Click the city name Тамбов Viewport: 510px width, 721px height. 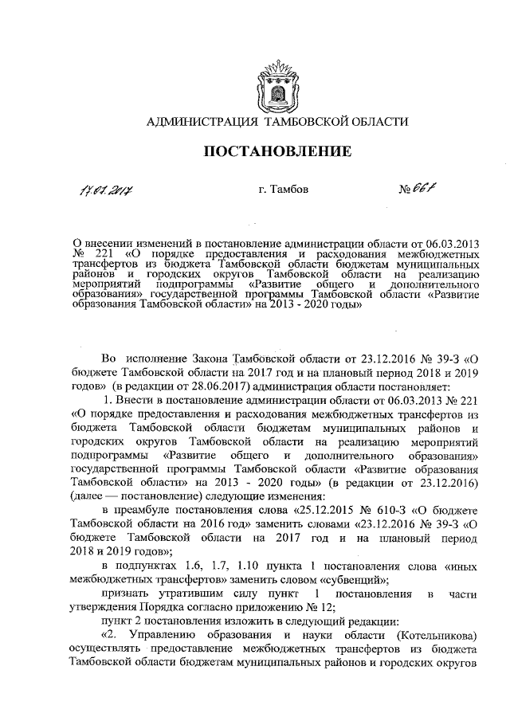279,190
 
